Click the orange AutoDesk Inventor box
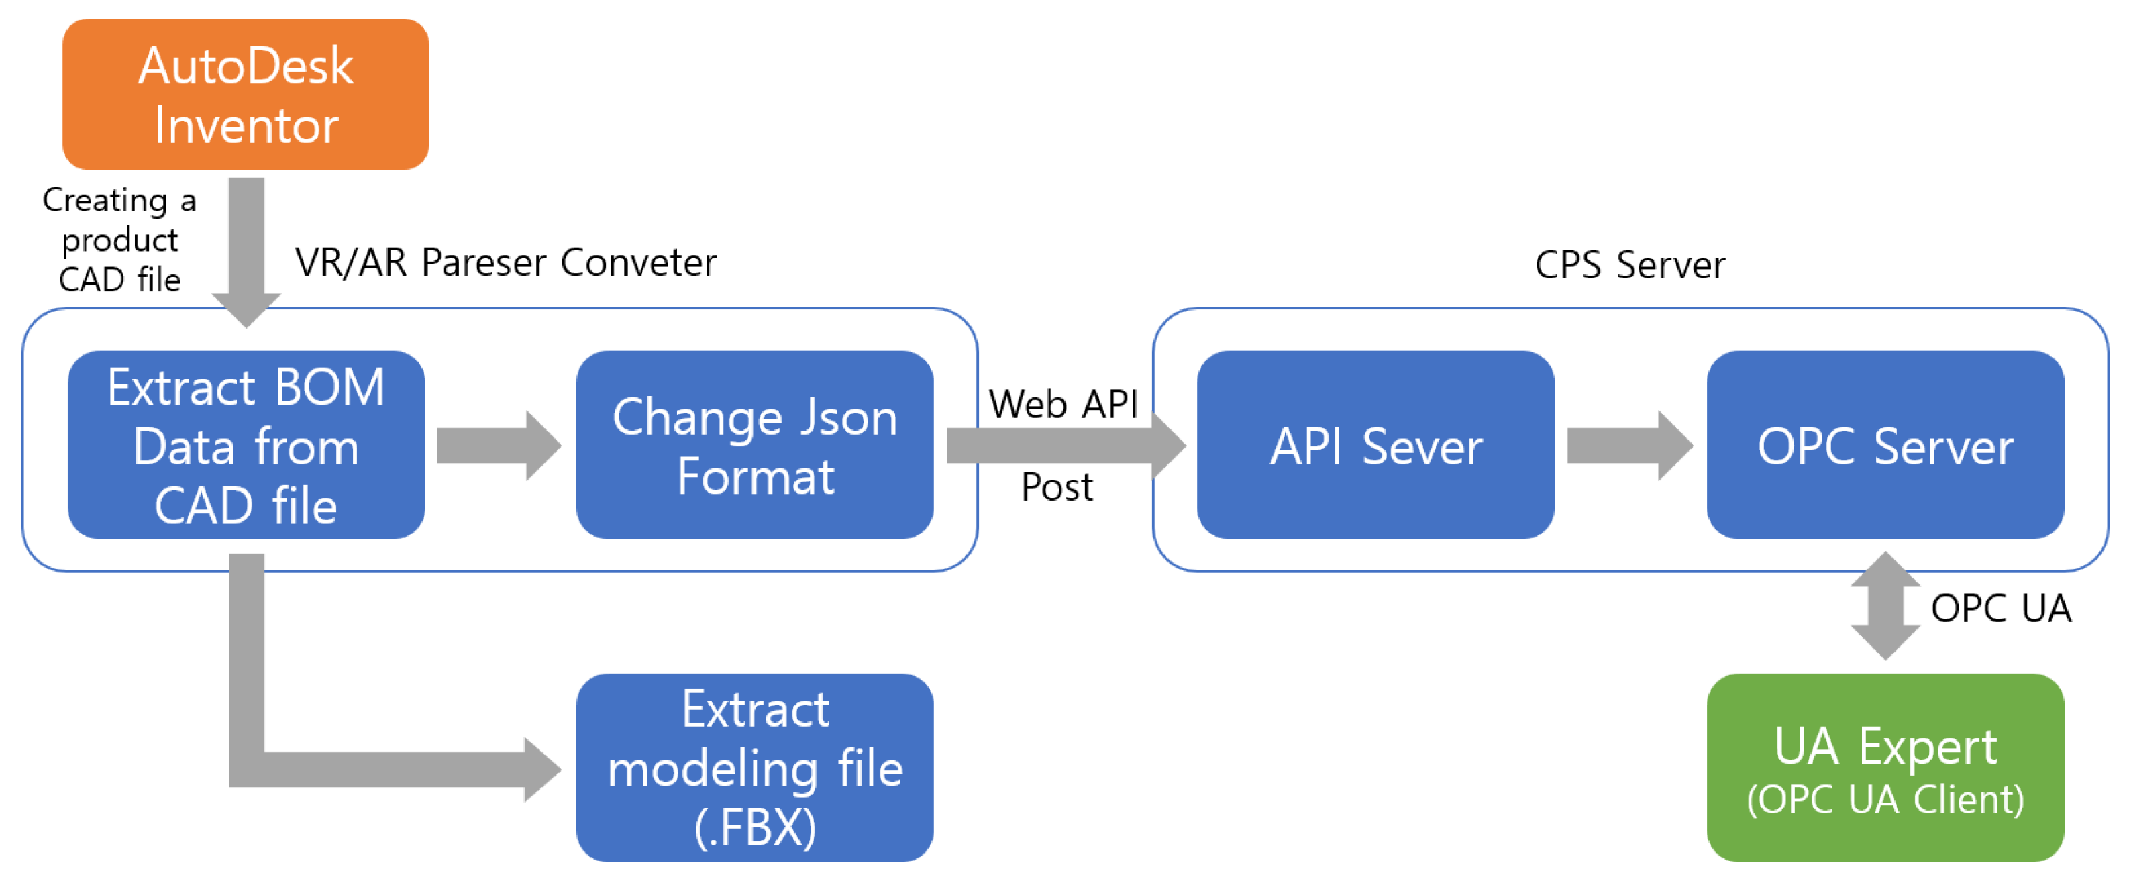click(246, 94)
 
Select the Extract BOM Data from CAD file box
click(246, 446)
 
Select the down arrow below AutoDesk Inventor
click(246, 248)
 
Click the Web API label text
click(1063, 404)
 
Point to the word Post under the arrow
click(1056, 486)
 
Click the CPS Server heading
click(1629, 265)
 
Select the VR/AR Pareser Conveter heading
click(505, 263)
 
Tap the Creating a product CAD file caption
click(120, 240)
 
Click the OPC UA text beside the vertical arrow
click(2000, 608)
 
